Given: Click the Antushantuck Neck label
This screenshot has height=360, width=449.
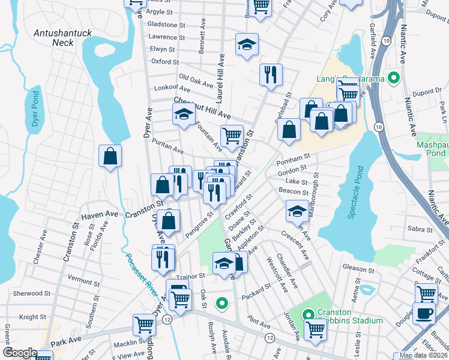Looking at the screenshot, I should pos(62,38).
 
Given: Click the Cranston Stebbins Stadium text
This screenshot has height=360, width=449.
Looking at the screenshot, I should pos(350,316).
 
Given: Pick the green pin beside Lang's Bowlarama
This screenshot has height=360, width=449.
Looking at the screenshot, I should pos(394,77).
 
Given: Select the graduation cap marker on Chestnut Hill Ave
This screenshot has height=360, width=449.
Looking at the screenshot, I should pos(184,114).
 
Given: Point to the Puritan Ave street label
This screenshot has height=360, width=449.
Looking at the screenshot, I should pos(167,146).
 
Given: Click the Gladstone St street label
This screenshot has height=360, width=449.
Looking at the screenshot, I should pos(166,25).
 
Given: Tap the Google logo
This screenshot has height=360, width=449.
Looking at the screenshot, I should pos(20,353).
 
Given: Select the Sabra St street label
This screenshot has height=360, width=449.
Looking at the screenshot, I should pos(420,230).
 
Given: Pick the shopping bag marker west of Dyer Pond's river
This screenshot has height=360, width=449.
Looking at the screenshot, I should pos(110,157).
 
